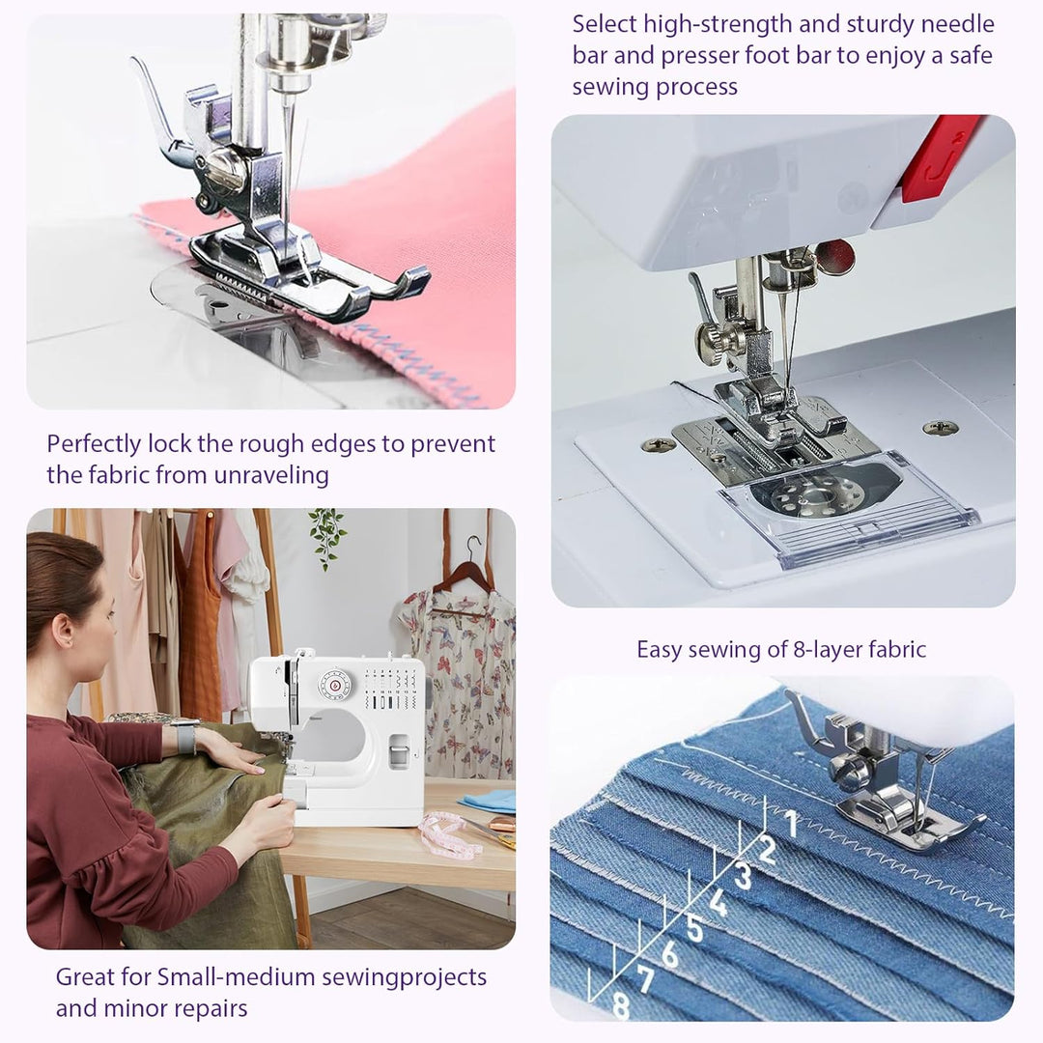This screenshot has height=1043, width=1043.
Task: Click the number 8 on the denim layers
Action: point(621,1005)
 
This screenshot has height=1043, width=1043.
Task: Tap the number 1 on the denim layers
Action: point(791,823)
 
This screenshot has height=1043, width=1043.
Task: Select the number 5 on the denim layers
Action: point(695,929)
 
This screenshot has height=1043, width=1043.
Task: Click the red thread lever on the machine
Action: point(941,156)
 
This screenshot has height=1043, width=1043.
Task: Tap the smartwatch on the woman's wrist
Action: point(183,739)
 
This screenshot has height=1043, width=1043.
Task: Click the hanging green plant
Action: point(327,535)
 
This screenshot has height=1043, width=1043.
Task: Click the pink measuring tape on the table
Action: point(450,833)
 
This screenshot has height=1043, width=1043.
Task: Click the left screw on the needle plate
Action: point(659,444)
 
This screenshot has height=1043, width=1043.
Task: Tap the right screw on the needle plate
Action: point(940,427)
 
